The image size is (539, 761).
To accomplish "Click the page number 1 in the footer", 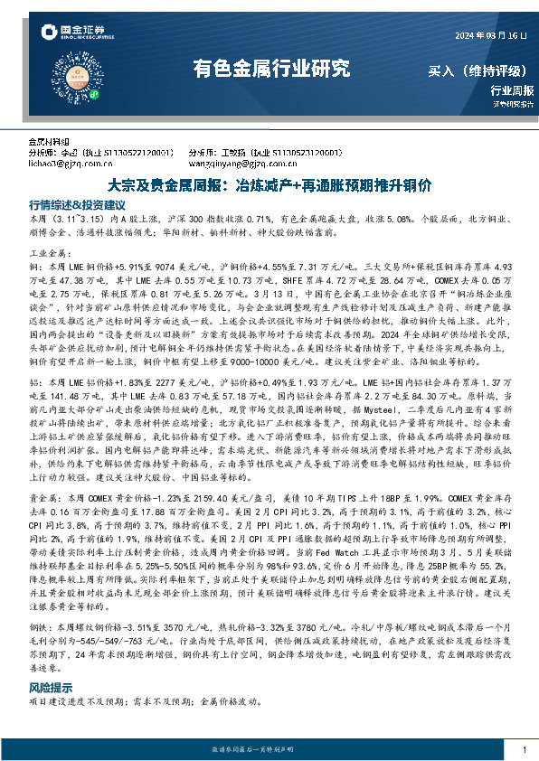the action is (525, 749).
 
